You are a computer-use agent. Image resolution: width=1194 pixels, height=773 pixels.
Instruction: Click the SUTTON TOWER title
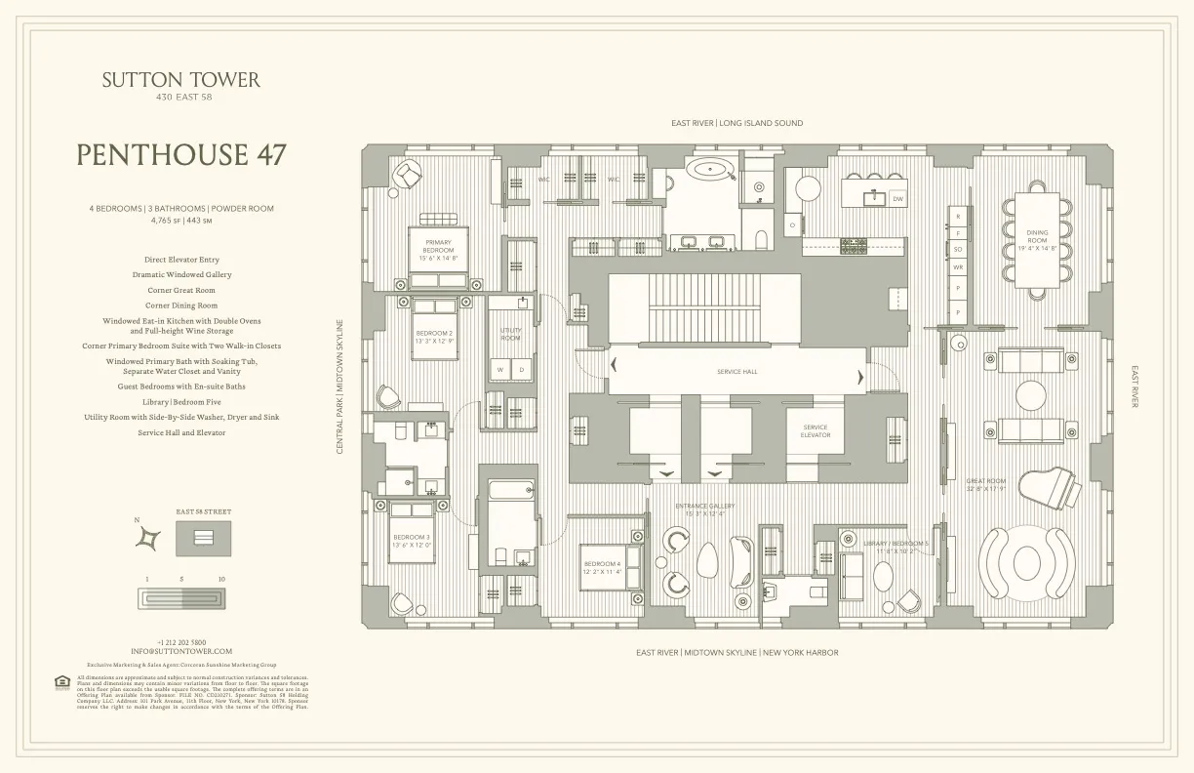[x=181, y=81]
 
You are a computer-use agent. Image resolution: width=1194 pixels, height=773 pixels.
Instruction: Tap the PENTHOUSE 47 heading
[x=181, y=155]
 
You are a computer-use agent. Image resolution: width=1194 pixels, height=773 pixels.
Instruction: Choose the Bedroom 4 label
[x=602, y=567]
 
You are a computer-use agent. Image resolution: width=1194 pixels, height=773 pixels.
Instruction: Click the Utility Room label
[x=510, y=334]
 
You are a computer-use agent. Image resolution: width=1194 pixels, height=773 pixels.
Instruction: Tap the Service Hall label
[x=736, y=372]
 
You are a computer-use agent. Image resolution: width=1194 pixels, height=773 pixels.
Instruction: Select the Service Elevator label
[x=816, y=430]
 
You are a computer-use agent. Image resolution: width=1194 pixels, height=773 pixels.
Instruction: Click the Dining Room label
[x=1037, y=237]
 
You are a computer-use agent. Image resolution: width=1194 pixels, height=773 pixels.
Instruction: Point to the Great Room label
[x=985, y=484]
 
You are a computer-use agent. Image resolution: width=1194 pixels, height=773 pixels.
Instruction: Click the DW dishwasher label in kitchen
[x=898, y=199]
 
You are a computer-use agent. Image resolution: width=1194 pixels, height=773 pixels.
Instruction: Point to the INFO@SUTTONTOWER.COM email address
[x=181, y=651]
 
